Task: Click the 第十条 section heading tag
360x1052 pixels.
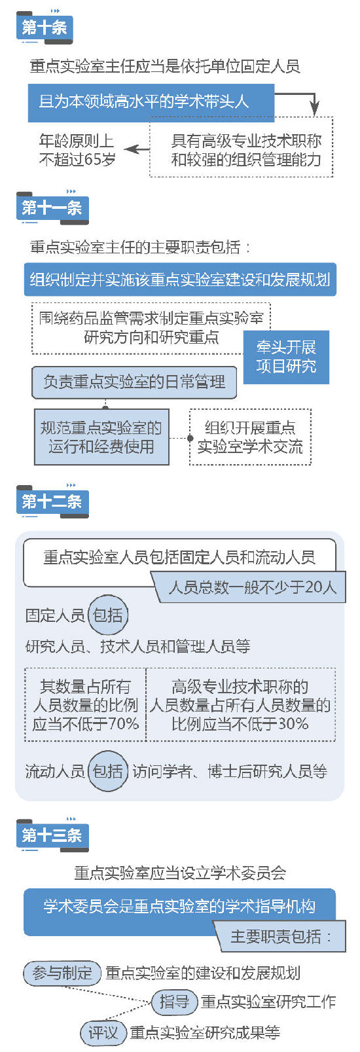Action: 45,27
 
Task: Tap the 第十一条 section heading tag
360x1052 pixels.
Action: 52,208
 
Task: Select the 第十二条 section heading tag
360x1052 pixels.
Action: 52,501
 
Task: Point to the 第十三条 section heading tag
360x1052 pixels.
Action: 52,835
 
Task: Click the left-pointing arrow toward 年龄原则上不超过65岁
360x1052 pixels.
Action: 137,149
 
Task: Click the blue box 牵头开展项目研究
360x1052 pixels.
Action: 286,357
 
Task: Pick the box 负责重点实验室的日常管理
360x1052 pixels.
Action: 134,382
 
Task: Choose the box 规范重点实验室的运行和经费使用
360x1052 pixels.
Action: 101,437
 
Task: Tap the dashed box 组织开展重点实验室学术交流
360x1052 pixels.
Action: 250,437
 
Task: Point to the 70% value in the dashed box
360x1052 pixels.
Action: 124,723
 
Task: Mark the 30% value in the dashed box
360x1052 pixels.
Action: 293,723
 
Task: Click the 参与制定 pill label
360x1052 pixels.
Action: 62,973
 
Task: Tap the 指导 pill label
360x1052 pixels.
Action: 174,1002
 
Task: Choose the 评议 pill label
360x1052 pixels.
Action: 103,1032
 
